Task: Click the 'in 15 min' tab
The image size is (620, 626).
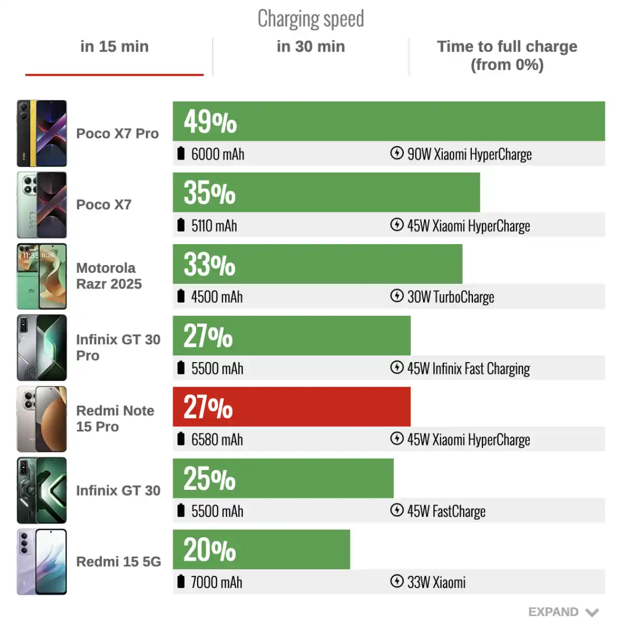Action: pyautogui.click(x=114, y=47)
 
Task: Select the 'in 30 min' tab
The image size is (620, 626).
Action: pyautogui.click(x=311, y=47)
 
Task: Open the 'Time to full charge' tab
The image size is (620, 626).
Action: pyautogui.click(x=507, y=55)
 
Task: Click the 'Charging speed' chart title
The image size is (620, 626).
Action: pyautogui.click(x=311, y=19)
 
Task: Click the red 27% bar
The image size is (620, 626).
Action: pyautogui.click(x=291, y=407)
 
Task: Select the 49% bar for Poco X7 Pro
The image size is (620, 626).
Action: pyautogui.click(x=388, y=121)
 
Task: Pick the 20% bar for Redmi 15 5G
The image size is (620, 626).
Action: pyautogui.click(x=261, y=549)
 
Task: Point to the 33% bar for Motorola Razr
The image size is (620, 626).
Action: pyautogui.click(x=317, y=264)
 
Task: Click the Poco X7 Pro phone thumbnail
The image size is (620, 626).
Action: pyautogui.click(x=42, y=134)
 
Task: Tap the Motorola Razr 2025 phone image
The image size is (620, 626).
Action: pyautogui.click(x=42, y=276)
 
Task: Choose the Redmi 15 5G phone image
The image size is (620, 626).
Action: pyautogui.click(x=42, y=562)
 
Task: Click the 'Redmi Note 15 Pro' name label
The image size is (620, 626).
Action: pyautogui.click(x=115, y=418)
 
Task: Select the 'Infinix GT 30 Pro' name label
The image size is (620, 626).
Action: pyautogui.click(x=118, y=347)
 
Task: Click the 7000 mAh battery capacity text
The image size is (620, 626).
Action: pyautogui.click(x=216, y=582)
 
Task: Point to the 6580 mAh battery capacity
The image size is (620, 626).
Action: pyautogui.click(x=217, y=440)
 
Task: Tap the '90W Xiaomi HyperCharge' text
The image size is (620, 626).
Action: pyautogui.click(x=469, y=154)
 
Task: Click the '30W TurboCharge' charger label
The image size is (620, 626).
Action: pyautogui.click(x=451, y=297)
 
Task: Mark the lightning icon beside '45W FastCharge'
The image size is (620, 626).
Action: pyautogui.click(x=397, y=510)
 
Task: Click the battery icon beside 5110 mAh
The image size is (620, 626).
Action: pyautogui.click(x=181, y=225)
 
